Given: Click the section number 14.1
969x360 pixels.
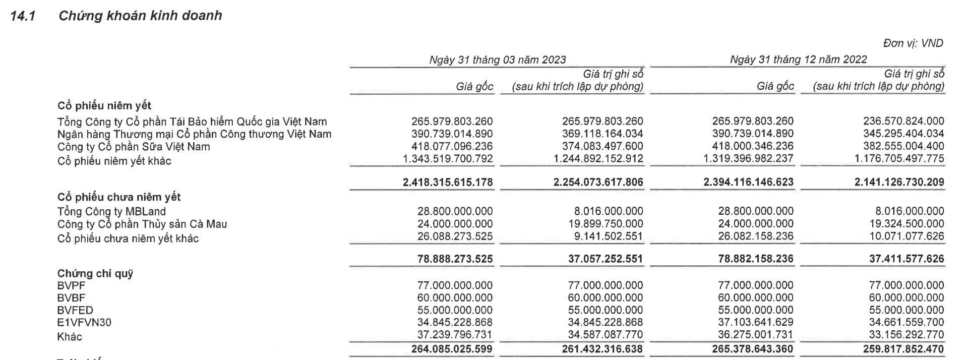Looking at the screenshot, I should click(20, 16).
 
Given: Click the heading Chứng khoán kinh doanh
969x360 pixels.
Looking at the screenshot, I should click(140, 16).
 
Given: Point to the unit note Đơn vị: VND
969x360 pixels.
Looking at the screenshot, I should click(913, 43).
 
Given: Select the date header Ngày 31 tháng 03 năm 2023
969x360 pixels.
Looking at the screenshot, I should click(497, 59).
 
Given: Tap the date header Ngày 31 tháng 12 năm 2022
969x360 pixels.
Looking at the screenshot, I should click(798, 59).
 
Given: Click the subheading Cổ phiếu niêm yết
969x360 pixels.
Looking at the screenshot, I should click(104, 106).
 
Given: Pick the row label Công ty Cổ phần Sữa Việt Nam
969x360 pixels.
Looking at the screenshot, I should click(134, 147).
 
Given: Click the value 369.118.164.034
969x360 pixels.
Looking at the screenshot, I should click(602, 134).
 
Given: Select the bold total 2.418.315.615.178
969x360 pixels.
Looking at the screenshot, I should click(448, 182).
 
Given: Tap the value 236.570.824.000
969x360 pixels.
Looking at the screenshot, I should click(904, 122).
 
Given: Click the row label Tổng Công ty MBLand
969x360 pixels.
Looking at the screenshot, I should click(111, 212).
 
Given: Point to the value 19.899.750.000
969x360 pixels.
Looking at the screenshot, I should click(605, 224).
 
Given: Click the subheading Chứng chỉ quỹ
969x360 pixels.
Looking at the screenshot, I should click(95, 274).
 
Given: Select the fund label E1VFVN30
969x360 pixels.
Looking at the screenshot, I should click(84, 323).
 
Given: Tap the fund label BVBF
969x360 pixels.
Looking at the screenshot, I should click(72, 298).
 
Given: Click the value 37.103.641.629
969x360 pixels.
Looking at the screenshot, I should click(755, 322).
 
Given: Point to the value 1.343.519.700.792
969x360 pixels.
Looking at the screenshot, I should click(448, 159).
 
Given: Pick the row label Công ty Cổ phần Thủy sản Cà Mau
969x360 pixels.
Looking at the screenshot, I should click(142, 224).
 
